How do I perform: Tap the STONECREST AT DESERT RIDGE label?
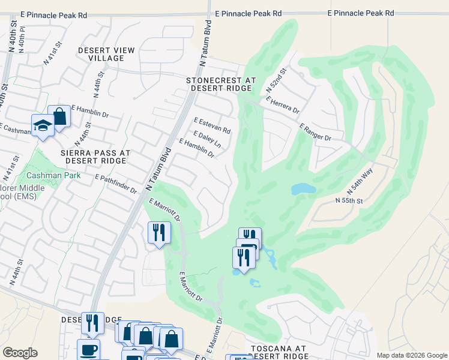tap(221, 84)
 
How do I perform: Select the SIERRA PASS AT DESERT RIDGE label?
tap(95, 157)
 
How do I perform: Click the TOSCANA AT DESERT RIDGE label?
tap(278, 352)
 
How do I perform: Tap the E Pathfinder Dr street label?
tap(116, 184)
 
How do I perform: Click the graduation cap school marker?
tap(43, 125)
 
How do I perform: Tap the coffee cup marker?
tap(88, 349)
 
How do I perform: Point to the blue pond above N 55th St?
tap(303, 190)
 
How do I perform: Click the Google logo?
tap(20, 353)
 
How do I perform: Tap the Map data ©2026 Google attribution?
tap(411, 355)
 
